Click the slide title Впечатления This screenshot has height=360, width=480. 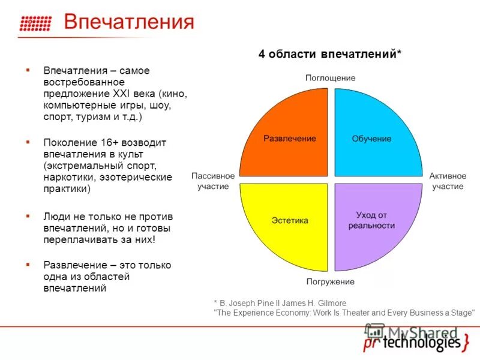pos(129,23)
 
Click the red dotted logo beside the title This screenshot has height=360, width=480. pos(36,23)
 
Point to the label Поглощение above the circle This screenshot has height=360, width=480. pos(330,78)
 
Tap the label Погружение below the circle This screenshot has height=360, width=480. pos(330,281)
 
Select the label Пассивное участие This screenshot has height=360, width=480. pos(213,181)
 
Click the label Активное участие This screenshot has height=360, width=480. pos(448,181)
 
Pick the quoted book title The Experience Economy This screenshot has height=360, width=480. pos(259,313)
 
